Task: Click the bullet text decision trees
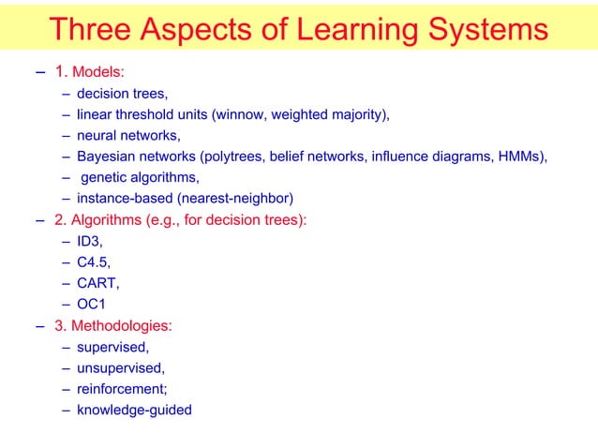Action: [x=122, y=94]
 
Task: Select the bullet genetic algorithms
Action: [x=140, y=177]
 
